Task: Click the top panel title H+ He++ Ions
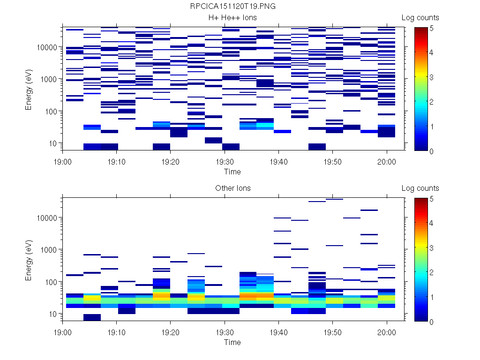(232, 18)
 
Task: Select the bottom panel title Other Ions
(232, 188)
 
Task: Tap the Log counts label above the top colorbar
(420, 18)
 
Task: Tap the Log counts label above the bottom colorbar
(420, 188)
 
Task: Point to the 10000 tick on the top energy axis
(47, 47)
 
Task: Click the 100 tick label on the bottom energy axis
(51, 282)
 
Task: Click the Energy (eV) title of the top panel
(29, 89)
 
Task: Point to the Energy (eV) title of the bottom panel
(29, 259)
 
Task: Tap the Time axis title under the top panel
(232, 172)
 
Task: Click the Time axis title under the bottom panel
(232, 342)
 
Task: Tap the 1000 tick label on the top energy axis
(49, 79)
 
